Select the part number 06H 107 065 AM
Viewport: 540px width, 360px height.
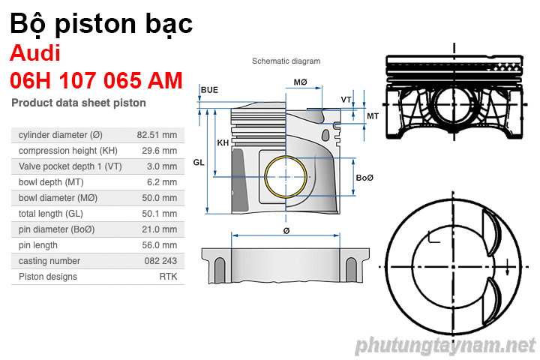[96, 80]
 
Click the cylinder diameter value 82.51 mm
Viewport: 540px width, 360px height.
[157, 135]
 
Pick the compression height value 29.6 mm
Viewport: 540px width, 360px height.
[160, 151]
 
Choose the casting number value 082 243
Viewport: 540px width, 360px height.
[160, 261]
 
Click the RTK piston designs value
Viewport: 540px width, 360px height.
[168, 277]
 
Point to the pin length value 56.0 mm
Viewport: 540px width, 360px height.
[160, 245]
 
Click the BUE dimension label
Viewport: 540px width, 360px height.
[209, 90]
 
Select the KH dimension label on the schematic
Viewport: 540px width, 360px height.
[223, 142]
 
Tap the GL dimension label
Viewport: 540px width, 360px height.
[199, 162]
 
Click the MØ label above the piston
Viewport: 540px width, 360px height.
[300, 82]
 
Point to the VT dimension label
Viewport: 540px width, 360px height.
[346, 100]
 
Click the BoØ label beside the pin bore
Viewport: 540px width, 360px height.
[364, 178]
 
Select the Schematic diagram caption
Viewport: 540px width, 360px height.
[286, 61]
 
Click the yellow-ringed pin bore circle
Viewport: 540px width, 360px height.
[286, 178]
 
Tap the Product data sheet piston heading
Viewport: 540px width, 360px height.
[79, 103]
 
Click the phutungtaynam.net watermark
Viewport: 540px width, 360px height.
[445, 346]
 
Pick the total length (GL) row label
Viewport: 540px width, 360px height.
[51, 214]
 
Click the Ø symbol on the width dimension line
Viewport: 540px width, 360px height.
[286, 231]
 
